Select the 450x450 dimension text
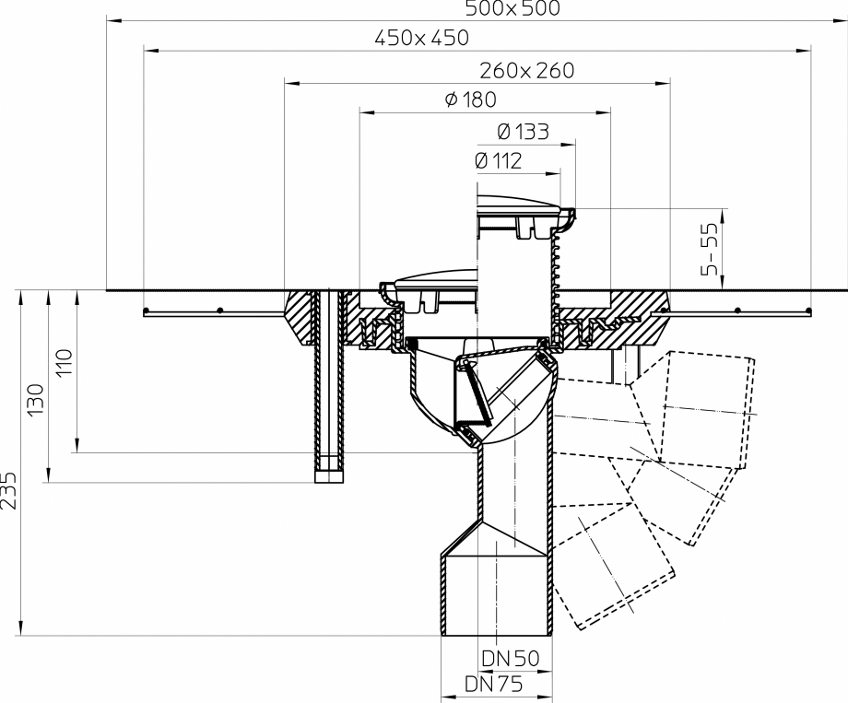tap(422, 39)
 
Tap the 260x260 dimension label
tap(526, 71)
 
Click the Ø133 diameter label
tap(523, 131)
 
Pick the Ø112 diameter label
tap(498, 161)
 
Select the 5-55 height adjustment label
tap(710, 250)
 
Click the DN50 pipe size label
tap(510, 659)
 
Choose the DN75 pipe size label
tap(493, 685)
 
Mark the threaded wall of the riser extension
tap(556, 267)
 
